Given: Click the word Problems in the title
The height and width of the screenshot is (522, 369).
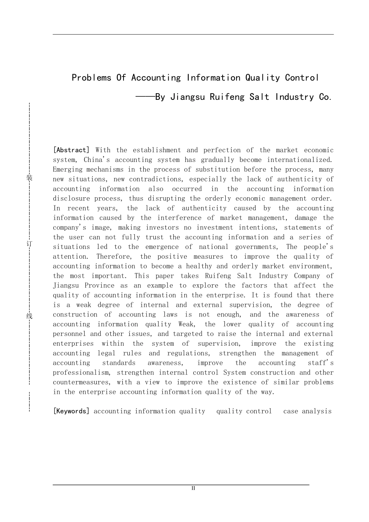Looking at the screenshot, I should point(91,78).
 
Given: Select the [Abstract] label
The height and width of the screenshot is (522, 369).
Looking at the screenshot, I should point(71,150).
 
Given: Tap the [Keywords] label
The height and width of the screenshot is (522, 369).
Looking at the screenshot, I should point(71,411).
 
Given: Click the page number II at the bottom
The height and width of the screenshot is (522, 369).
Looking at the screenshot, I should point(193,488).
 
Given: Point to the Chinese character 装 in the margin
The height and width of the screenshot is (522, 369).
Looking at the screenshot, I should point(29,178).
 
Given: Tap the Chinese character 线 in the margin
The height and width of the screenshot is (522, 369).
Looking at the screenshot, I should point(29,316).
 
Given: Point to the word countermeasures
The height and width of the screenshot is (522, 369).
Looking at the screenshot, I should point(81,383).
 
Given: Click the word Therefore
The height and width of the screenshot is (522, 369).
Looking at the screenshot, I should point(114,257).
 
